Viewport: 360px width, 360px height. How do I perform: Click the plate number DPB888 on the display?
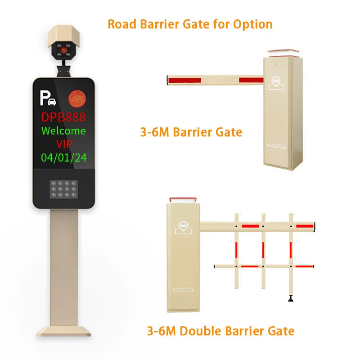(63, 117)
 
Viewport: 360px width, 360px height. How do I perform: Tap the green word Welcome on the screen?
(63, 131)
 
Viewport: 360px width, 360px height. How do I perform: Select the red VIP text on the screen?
(63, 144)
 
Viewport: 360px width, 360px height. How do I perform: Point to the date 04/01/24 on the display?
(63, 157)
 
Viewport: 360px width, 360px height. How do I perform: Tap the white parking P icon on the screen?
(47, 98)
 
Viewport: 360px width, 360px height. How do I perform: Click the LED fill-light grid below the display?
(64, 193)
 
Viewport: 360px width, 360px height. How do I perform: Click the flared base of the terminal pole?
(63, 330)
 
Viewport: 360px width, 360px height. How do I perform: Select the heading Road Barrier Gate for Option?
(190, 24)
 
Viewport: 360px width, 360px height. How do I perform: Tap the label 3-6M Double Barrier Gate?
(220, 331)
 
